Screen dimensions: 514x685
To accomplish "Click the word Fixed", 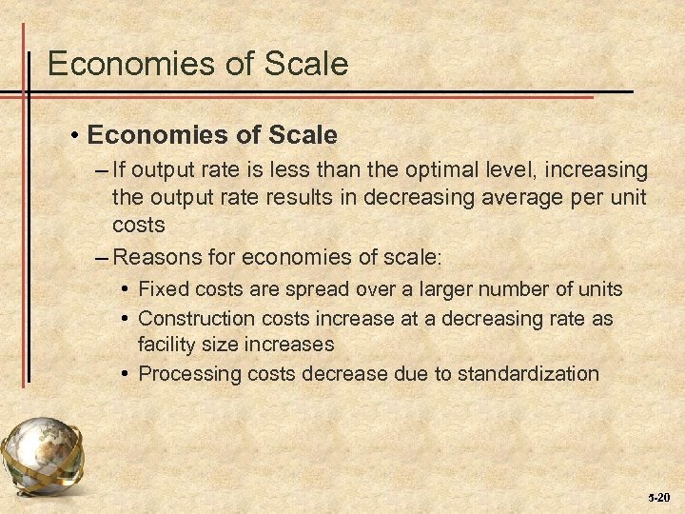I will [x=163, y=289].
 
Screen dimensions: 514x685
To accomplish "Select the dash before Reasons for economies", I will [x=102, y=257].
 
